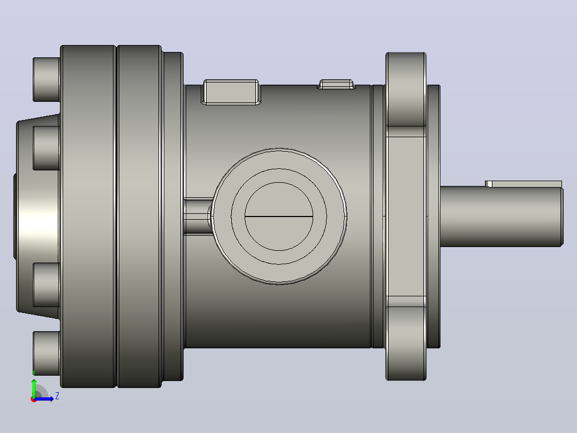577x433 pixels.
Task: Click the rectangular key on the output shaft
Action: click(x=523, y=184)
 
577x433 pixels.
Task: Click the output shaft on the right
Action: click(x=502, y=216)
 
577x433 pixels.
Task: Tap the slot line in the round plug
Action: click(x=278, y=216)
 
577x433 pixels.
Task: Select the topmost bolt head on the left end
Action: click(x=47, y=79)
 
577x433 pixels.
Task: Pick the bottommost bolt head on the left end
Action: click(x=47, y=353)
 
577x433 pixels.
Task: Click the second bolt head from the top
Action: click(x=47, y=148)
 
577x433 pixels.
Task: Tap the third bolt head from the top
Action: click(x=47, y=285)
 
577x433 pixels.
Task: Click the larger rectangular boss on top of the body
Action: click(x=231, y=92)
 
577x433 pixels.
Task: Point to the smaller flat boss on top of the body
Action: click(x=336, y=84)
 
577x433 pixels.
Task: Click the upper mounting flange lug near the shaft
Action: click(x=406, y=89)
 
